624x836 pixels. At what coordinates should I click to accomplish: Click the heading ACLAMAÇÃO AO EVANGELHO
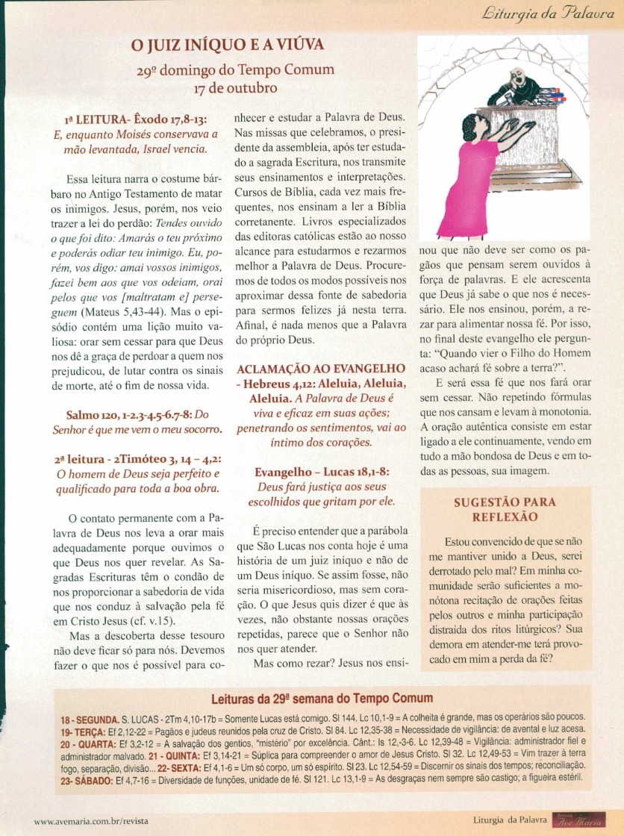click(x=321, y=369)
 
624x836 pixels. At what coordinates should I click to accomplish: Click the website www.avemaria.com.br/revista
click(x=92, y=820)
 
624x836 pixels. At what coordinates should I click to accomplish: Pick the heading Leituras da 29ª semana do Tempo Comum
click(x=322, y=698)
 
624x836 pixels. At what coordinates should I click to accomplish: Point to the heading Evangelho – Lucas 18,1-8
click(x=321, y=472)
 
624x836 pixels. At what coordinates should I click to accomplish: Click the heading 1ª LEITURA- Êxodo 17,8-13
click(x=135, y=120)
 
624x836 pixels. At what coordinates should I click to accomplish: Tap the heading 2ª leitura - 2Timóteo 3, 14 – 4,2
click(x=137, y=460)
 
